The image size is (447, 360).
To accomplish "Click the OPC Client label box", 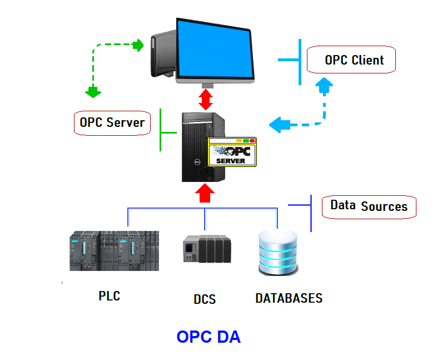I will (x=354, y=60).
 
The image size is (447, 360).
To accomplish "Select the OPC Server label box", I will (x=112, y=122).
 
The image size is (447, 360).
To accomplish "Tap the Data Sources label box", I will (x=369, y=206).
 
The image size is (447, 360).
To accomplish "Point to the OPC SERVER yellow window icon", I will (x=232, y=151).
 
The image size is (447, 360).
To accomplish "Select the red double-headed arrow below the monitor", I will (x=206, y=99).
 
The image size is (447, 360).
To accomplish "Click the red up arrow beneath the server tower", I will (x=205, y=193).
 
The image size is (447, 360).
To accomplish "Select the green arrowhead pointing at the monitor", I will (x=138, y=45).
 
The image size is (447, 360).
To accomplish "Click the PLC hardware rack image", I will (x=114, y=250).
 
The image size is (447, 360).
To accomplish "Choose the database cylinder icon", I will (x=278, y=252).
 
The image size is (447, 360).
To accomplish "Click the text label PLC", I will (x=109, y=295).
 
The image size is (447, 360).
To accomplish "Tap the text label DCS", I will (x=205, y=299).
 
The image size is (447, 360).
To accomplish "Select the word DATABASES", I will (x=289, y=298).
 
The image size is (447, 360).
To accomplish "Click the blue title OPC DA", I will (x=208, y=337).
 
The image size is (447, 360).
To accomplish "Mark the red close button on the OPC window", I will (x=252, y=141).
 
